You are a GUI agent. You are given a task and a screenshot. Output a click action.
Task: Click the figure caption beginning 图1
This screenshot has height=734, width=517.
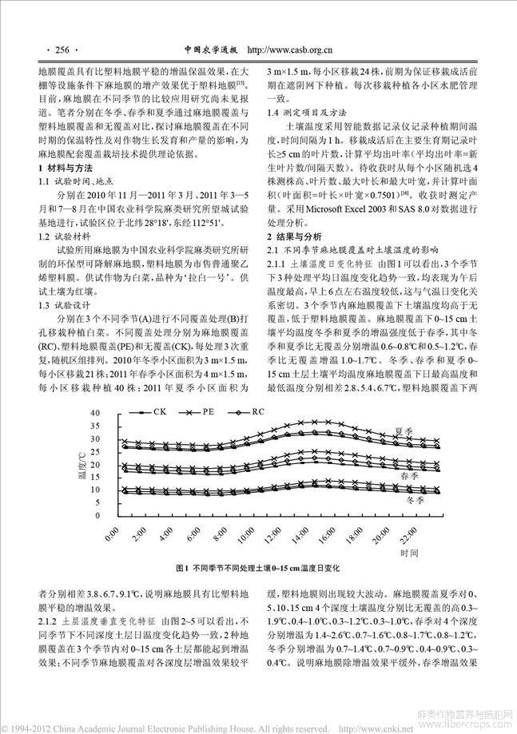tap(257, 567)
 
